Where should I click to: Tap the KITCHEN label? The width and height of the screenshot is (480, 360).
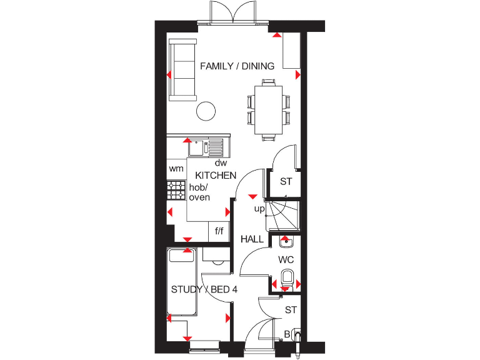point(216,176)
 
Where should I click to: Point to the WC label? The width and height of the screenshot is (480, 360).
point(286,259)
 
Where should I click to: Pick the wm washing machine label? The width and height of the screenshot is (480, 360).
point(175,169)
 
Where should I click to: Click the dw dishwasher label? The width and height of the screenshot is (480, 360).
point(219,162)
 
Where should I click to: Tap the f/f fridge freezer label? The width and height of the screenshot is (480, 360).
point(219,231)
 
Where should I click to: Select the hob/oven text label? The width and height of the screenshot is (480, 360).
point(199,192)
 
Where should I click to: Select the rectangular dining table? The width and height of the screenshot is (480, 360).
point(269,109)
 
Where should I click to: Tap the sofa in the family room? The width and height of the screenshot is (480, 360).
point(182,69)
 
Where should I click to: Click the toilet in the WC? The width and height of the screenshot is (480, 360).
point(287,276)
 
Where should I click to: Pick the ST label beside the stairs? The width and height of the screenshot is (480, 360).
point(286,182)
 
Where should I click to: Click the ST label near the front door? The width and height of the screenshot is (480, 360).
point(291,309)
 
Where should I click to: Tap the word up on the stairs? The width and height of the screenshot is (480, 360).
point(259,209)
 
